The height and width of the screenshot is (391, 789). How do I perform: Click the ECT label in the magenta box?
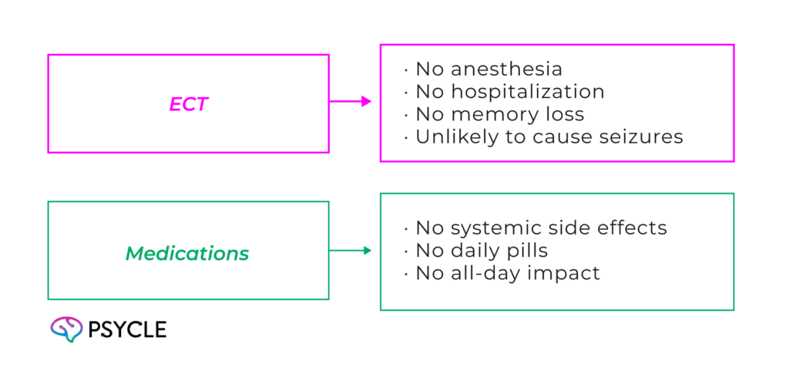(x=189, y=103)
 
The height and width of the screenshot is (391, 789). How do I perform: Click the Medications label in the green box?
(x=187, y=253)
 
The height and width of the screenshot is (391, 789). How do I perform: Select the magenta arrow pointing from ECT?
(x=352, y=101)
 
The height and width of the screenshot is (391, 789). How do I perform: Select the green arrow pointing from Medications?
(x=351, y=251)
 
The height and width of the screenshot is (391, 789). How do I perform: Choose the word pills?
(x=526, y=251)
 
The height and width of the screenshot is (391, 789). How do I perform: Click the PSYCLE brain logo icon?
(x=66, y=329)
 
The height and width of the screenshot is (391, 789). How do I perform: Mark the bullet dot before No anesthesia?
(x=406, y=70)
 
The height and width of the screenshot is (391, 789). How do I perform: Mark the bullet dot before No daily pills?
(x=406, y=251)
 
